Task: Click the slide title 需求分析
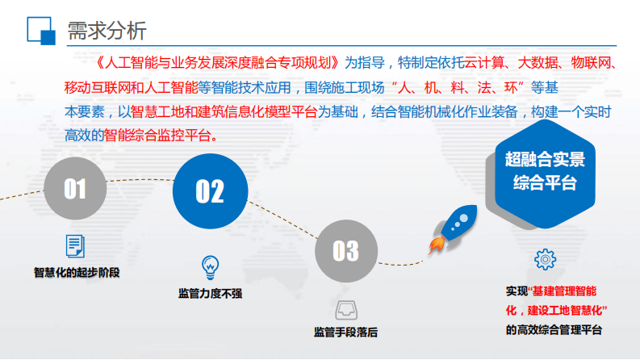(107, 31)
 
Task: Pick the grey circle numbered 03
(345, 251)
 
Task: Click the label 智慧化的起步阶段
(76, 272)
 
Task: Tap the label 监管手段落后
(345, 332)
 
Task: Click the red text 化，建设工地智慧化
(556, 310)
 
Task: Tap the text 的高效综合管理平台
(554, 329)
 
